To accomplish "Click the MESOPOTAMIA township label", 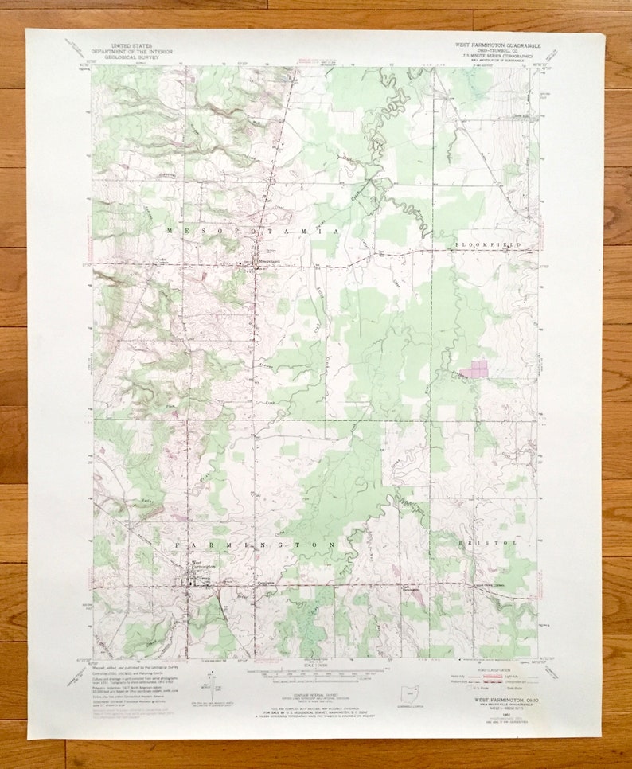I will (253, 230).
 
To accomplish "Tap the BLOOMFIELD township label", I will (488, 244).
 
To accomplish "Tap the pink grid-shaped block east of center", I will (478, 369).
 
